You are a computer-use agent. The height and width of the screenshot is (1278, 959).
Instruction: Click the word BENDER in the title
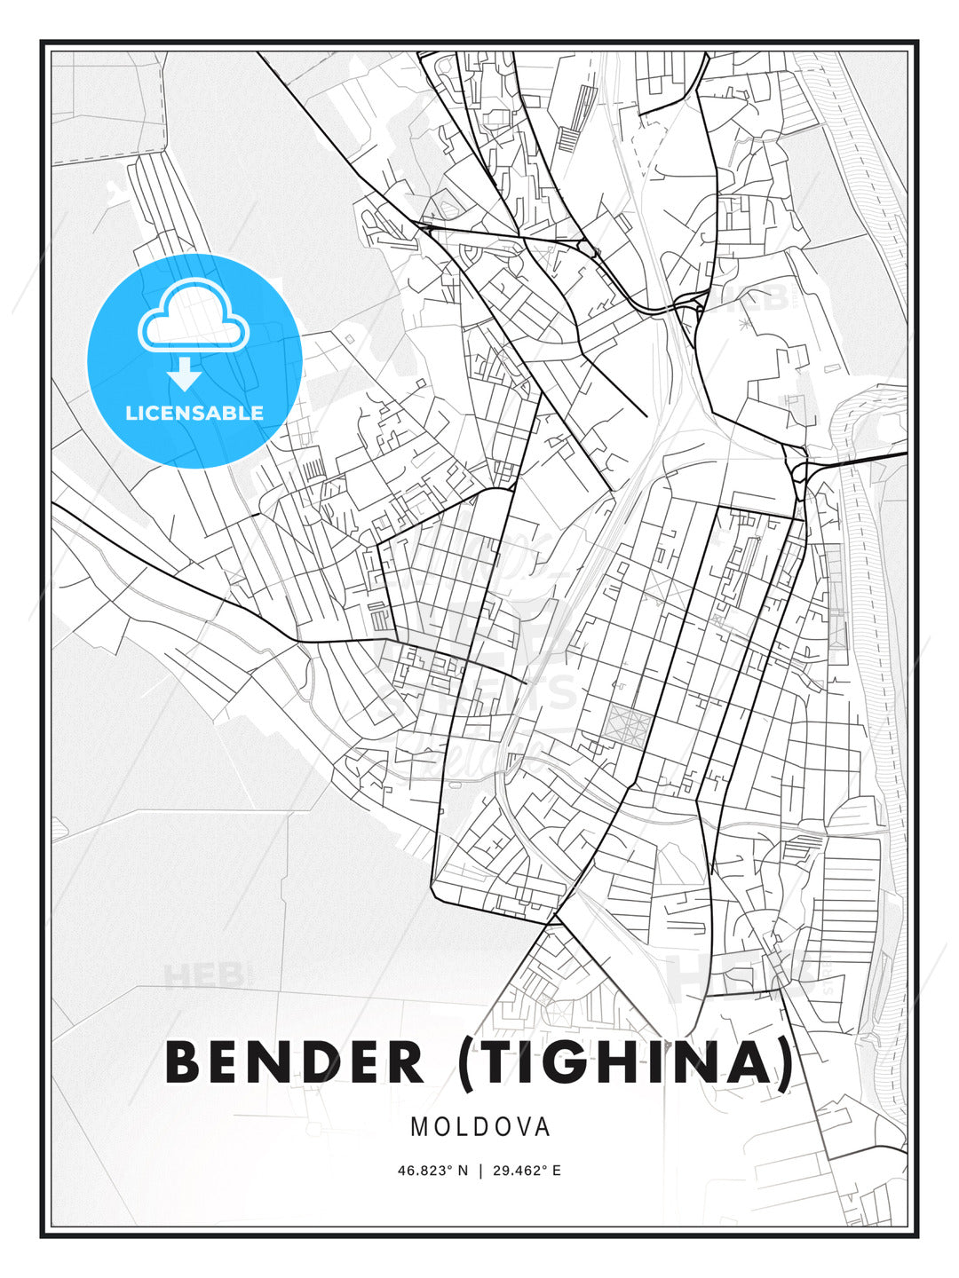pyautogui.click(x=295, y=1062)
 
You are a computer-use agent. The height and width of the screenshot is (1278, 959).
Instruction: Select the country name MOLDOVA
pyautogui.click(x=480, y=1127)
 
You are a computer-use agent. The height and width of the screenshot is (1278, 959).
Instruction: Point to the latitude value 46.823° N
pyautogui.click(x=432, y=1171)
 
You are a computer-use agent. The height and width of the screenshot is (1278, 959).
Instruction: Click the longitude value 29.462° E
pyautogui.click(x=526, y=1171)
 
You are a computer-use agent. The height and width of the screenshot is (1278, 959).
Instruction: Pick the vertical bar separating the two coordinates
pyautogui.click(x=479, y=1171)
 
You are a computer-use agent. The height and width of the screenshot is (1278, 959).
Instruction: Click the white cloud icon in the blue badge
pyautogui.click(x=193, y=317)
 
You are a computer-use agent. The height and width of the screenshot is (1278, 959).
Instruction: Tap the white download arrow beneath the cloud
pyautogui.click(x=185, y=375)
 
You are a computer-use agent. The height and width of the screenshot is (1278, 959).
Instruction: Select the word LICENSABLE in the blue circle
pyautogui.click(x=194, y=413)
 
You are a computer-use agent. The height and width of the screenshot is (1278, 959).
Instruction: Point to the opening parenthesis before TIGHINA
pyautogui.click(x=468, y=1062)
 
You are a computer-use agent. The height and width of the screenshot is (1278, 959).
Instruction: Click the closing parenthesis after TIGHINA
pyautogui.click(x=785, y=1062)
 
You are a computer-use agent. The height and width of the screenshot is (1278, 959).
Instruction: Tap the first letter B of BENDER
pyautogui.click(x=185, y=1062)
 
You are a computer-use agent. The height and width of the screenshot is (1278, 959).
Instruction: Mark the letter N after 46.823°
pyautogui.click(x=463, y=1171)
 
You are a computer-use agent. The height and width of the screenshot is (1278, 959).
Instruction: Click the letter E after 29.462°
pyautogui.click(x=557, y=1171)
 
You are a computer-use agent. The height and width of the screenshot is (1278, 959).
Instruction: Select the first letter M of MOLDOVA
pyautogui.click(x=419, y=1127)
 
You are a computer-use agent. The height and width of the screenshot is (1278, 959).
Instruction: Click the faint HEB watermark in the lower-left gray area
pyautogui.click(x=202, y=975)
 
